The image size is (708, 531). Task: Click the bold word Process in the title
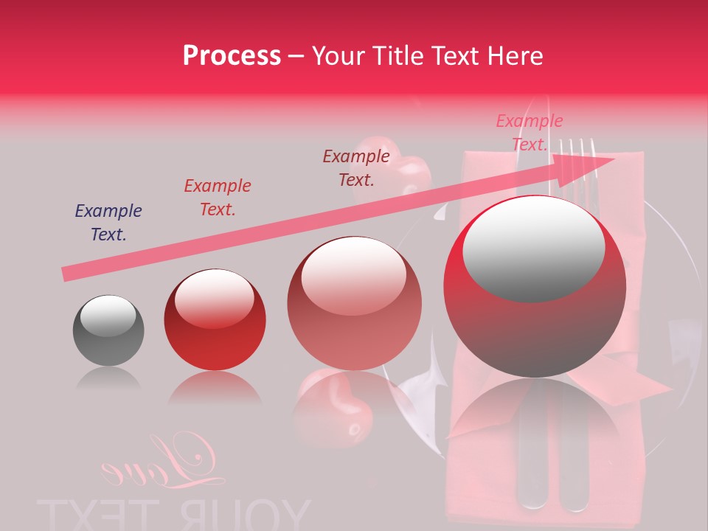[232, 56]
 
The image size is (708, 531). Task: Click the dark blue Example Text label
[108, 223]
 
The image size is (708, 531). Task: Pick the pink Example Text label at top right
[530, 133]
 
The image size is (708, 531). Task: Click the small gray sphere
[108, 330]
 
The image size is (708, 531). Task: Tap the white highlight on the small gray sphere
[108, 316]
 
